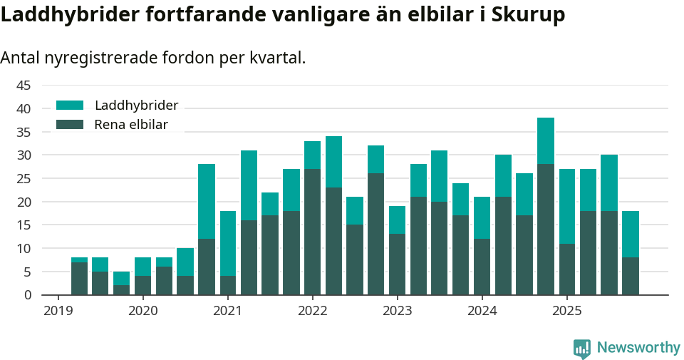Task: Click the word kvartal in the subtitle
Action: [279, 58]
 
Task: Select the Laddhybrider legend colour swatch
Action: [70, 106]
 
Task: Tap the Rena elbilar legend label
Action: [131, 125]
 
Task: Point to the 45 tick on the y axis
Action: [24, 86]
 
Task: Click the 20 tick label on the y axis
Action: [24, 202]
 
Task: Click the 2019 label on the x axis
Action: [58, 311]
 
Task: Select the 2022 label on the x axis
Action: [312, 311]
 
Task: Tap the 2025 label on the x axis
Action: [566, 311]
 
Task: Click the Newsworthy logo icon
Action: [582, 348]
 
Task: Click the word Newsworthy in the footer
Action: [638, 348]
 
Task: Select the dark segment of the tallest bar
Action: [546, 229]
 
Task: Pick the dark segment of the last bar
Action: [631, 276]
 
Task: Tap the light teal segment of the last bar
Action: [631, 234]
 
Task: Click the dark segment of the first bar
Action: [79, 278]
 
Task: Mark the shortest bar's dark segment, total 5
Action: [121, 289]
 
